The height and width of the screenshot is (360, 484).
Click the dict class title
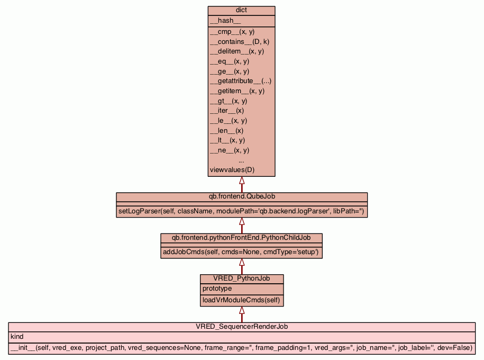[241, 11]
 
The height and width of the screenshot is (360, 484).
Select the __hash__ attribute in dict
[225, 21]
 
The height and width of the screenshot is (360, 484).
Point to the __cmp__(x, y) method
[232, 32]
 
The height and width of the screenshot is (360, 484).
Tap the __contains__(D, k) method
[236, 41]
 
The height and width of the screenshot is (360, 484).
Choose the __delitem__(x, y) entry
[237, 51]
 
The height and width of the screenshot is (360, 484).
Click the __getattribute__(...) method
[241, 81]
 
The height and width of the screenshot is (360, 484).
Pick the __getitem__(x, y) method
[237, 91]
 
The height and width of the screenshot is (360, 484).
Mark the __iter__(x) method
[227, 111]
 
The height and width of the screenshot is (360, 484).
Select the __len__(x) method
[226, 130]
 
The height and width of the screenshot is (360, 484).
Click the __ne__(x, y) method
[230, 150]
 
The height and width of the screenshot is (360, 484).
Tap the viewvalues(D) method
[232, 170]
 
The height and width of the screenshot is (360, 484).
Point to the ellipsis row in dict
[241, 160]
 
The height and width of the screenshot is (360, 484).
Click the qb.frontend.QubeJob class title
[242, 196]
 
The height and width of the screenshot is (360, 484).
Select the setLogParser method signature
[242, 211]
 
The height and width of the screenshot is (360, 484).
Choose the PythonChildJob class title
[241, 237]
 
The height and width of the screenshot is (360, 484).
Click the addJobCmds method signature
[241, 252]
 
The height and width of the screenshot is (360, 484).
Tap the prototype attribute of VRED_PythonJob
[217, 289]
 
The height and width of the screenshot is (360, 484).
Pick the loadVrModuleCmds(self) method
[241, 301]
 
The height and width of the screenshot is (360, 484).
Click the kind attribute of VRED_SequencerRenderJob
[17, 336]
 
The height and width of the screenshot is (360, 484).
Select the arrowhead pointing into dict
[242, 181]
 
